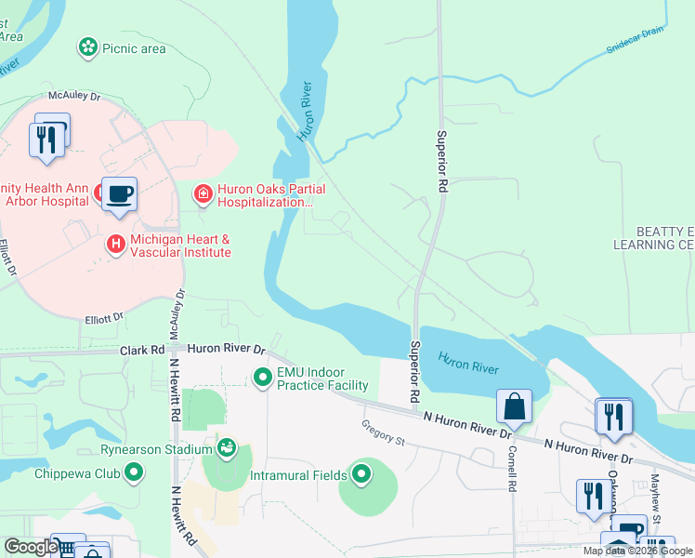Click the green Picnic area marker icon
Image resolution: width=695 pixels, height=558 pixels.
click(x=88, y=47)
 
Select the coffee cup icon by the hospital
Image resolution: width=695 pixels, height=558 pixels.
click(x=119, y=194)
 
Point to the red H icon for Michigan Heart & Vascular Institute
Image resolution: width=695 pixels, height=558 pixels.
click(x=116, y=245)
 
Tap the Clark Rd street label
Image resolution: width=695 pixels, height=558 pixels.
click(x=142, y=350)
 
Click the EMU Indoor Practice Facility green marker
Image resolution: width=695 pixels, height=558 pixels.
click(x=263, y=378)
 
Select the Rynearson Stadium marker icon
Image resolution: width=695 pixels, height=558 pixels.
click(x=227, y=450)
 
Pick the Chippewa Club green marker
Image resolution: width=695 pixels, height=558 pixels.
click(x=135, y=473)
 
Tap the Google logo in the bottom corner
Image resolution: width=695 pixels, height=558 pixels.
click(x=31, y=547)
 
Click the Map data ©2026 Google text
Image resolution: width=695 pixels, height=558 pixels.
click(x=637, y=551)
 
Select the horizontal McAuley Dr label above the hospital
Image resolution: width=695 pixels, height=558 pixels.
click(x=74, y=96)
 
